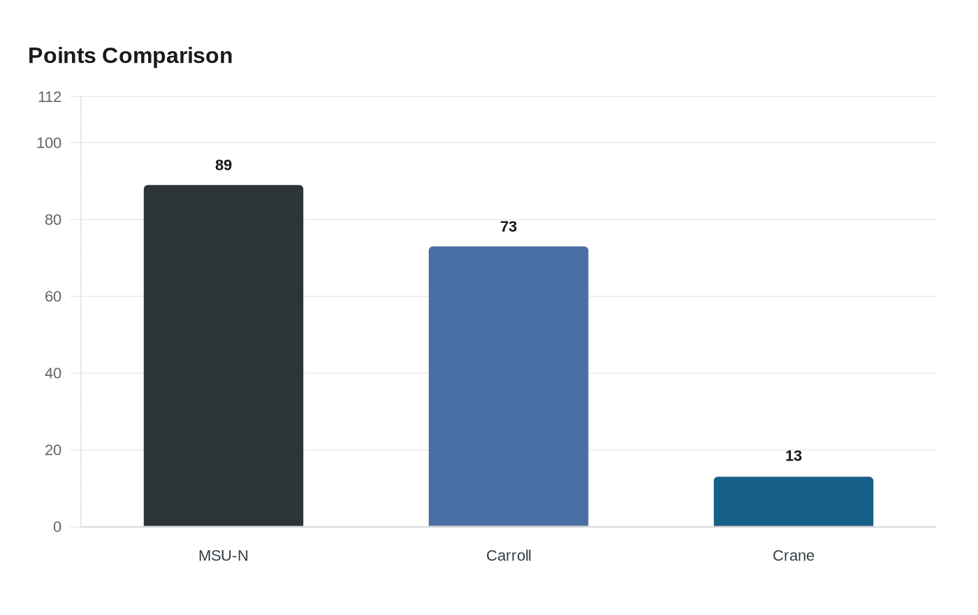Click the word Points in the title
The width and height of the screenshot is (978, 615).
coord(62,56)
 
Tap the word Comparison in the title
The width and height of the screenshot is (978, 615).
coord(167,56)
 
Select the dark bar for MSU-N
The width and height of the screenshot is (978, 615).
coord(224,356)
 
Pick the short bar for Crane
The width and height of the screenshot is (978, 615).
coord(794,502)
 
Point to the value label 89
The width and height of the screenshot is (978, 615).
coord(224,166)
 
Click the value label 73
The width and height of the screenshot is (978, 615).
coord(509,227)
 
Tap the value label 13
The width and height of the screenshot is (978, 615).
coord(794,456)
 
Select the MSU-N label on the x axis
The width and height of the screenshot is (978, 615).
coord(224,556)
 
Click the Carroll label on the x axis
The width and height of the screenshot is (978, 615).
coord(509,556)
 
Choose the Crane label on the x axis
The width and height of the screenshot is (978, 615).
coord(794,556)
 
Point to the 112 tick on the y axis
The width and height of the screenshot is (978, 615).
coord(50,97)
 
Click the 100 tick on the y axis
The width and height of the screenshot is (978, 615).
coord(49,143)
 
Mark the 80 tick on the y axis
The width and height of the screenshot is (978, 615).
coord(53,220)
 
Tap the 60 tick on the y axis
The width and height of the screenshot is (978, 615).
coord(53,297)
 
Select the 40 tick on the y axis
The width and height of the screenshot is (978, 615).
coord(53,374)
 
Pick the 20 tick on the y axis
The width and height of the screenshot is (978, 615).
coord(53,451)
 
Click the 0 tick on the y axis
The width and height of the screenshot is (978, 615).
coord(57,528)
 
